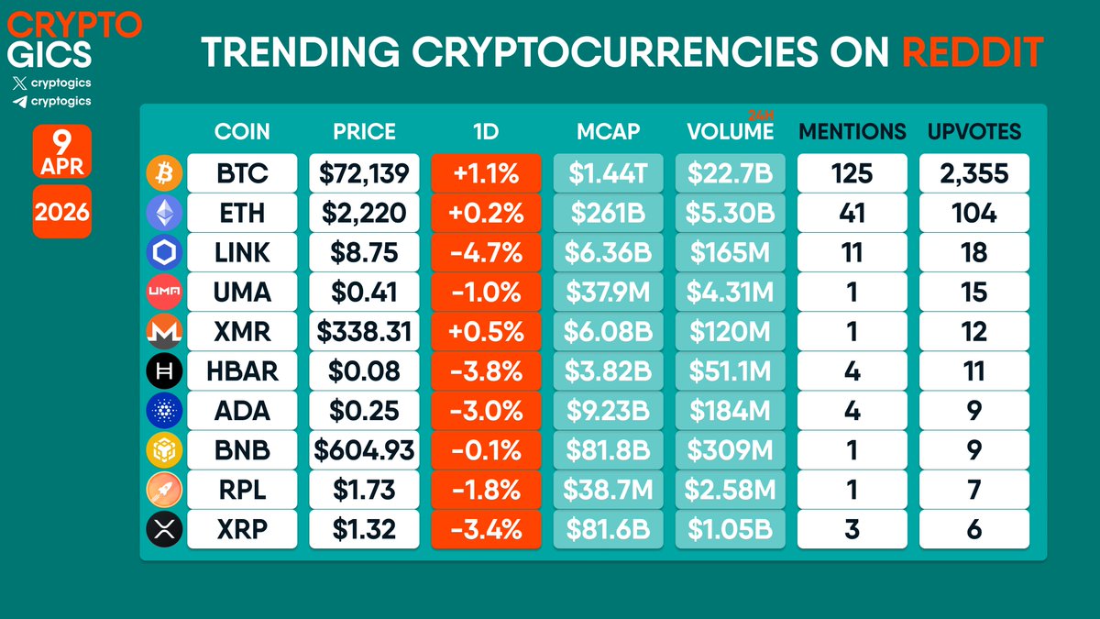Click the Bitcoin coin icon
tap(164, 172)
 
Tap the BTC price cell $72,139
tap(364, 172)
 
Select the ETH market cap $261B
tap(608, 213)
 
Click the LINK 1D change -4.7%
tap(486, 252)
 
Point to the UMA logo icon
tap(164, 292)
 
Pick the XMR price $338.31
tap(364, 331)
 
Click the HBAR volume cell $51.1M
tap(731, 370)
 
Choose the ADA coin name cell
tap(242, 410)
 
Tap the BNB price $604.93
tap(364, 450)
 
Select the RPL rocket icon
tap(164, 490)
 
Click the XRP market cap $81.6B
tap(608, 529)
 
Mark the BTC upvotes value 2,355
tap(973, 172)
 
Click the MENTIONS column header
tap(852, 131)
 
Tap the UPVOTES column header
tap(973, 131)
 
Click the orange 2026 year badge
tap(62, 213)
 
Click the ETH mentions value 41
tap(852, 213)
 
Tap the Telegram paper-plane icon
tap(20, 101)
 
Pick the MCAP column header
tap(608, 131)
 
